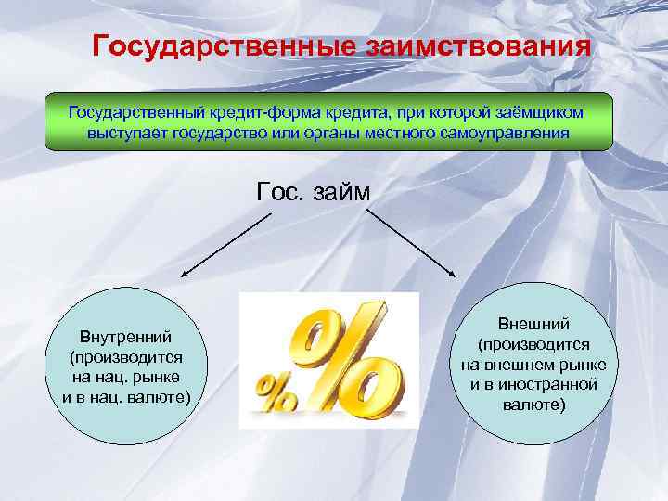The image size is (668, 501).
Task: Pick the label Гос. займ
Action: pyautogui.click(x=313, y=192)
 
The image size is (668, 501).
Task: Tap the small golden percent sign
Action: pyautogui.click(x=275, y=392)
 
